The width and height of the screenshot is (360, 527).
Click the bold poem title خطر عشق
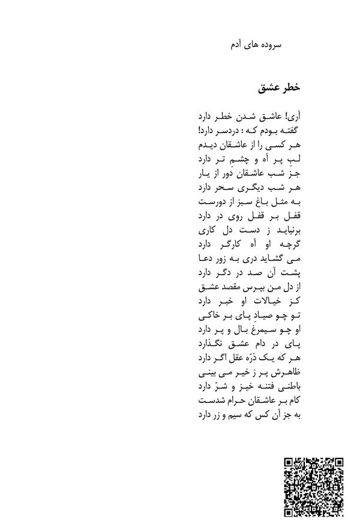pyautogui.click(x=278, y=88)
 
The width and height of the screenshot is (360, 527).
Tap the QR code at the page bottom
pyautogui.click(x=313, y=487)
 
